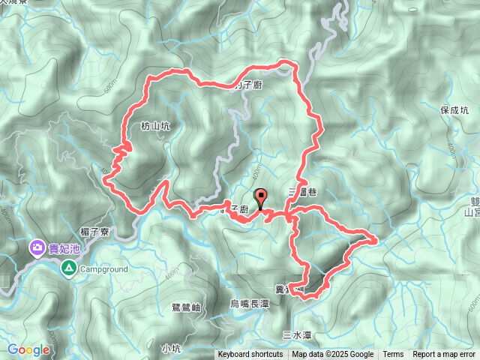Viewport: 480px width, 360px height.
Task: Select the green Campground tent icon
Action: click(69, 268)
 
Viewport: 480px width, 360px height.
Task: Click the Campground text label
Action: click(103, 268)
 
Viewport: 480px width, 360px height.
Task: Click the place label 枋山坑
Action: click(155, 127)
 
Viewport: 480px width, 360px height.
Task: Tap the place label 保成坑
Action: click(454, 109)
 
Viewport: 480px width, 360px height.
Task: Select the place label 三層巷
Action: click(302, 193)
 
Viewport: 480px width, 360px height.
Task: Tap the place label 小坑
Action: click(171, 348)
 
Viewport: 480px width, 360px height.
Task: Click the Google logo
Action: click(28, 349)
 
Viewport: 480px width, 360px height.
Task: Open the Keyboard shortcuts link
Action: click(250, 355)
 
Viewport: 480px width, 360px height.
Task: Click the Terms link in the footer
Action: click(393, 355)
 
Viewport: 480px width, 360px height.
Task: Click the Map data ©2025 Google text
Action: click(333, 355)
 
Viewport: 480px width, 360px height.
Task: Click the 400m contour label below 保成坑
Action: click(450, 154)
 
